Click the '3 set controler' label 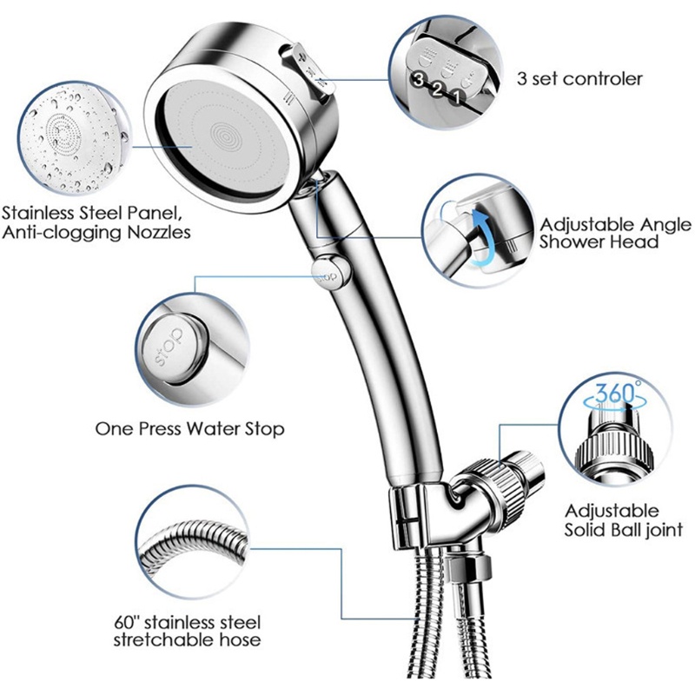(x=579, y=79)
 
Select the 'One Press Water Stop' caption (x=190, y=429)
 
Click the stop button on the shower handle (x=328, y=272)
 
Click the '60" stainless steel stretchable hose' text (x=187, y=631)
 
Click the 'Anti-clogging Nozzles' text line (x=96, y=232)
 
